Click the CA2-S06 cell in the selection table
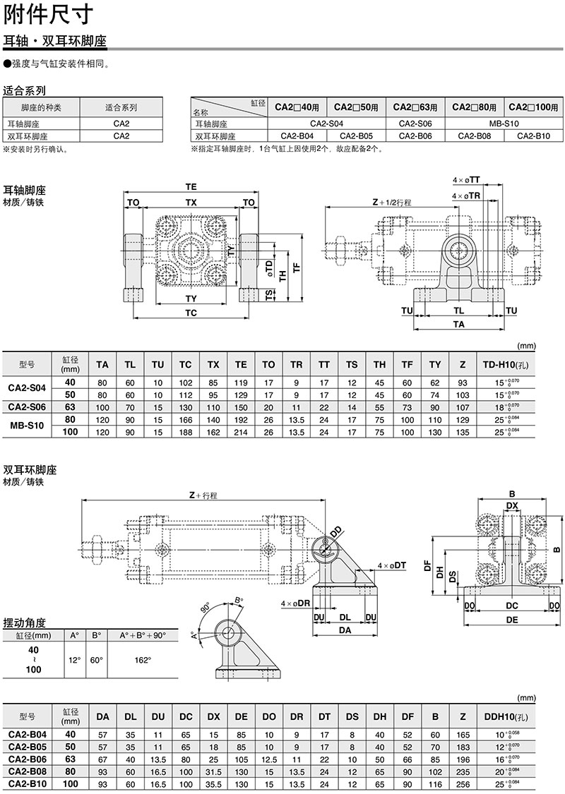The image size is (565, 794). [417, 124]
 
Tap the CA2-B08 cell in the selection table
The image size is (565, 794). [475, 136]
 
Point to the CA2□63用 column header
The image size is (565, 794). [416, 107]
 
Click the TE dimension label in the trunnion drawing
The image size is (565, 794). [191, 187]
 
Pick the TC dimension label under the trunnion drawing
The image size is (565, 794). [191, 313]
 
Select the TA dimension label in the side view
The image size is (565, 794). [459, 325]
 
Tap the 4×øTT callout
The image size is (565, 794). [467, 181]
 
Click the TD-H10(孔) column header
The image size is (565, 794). [506, 364]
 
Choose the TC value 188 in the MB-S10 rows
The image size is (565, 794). [185, 433]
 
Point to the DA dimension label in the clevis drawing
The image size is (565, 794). [344, 632]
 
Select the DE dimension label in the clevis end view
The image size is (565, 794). [513, 619]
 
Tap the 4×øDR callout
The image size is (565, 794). [295, 604]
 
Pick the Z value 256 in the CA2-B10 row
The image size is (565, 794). [463, 783]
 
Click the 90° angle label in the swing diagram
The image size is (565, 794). [206, 607]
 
